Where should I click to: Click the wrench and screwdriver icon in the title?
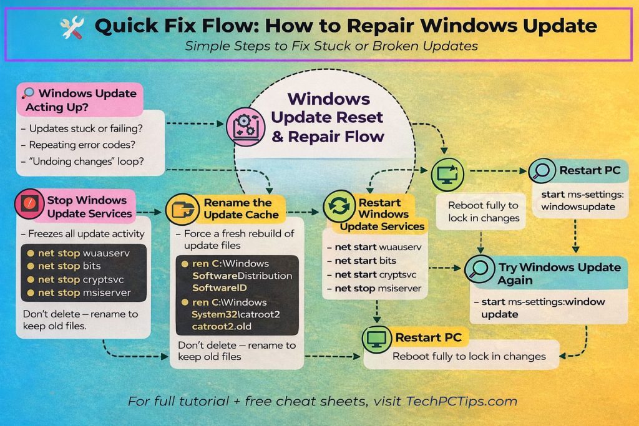click(71, 26)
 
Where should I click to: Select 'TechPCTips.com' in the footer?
click(469, 401)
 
